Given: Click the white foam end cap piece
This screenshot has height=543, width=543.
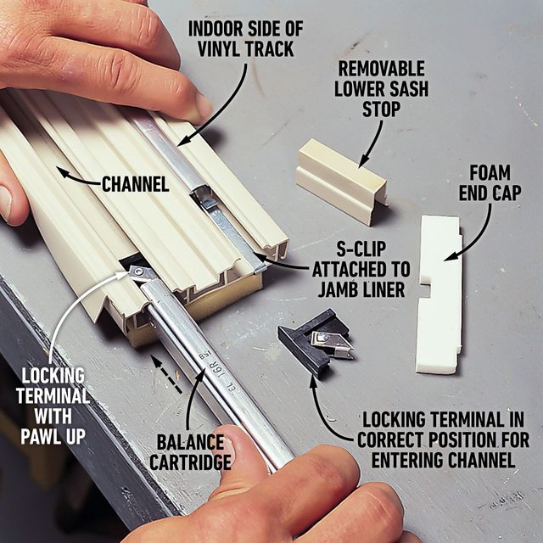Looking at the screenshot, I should (439, 293).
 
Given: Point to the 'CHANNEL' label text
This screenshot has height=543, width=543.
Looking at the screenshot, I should (135, 182).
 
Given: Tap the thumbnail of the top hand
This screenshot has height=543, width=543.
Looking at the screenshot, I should (202, 106).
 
